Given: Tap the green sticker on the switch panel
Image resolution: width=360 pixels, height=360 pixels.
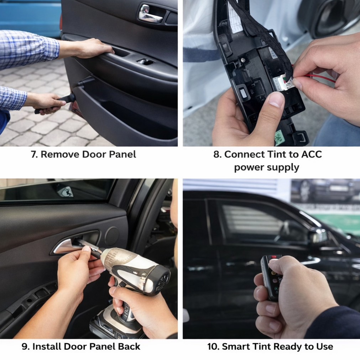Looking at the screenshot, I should point(279,137).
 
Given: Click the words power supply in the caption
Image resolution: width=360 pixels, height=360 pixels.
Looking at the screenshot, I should point(267,167).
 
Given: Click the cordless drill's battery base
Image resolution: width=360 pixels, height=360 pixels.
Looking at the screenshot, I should point(114,322).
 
